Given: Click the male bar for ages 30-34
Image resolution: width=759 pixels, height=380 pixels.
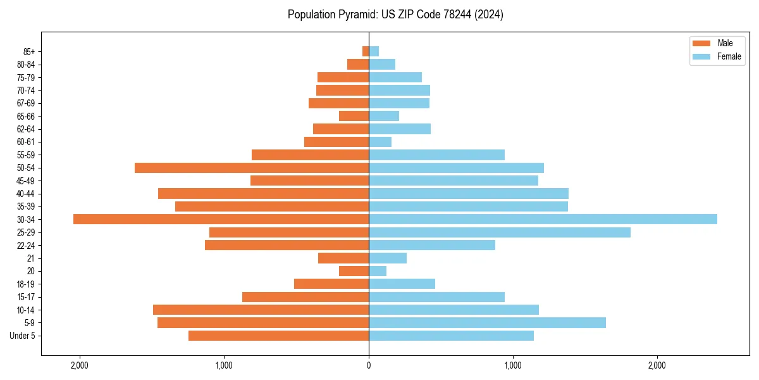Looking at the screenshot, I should tap(221, 219).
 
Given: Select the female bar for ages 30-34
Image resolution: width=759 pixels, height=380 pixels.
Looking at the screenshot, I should tap(543, 219).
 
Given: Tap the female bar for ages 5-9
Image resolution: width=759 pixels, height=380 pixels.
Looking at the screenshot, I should tap(487, 323).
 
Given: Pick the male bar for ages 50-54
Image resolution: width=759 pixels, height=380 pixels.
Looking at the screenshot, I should tap(252, 168).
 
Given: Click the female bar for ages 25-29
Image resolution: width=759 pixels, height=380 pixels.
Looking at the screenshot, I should tap(500, 232).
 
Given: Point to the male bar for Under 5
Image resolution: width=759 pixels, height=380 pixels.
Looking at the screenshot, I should tap(278, 336).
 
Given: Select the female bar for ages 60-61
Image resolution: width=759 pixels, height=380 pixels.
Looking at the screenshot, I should tap(380, 142).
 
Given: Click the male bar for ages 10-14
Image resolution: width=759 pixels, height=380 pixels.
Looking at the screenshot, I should tap(261, 310).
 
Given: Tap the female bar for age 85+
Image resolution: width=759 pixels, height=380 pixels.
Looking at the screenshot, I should tap(374, 51).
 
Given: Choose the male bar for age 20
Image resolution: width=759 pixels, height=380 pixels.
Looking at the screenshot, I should tap(354, 271).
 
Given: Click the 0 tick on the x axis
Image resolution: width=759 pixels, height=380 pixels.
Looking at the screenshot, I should tap(369, 365).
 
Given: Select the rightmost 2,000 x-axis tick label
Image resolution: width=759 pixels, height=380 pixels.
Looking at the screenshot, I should tap(657, 365).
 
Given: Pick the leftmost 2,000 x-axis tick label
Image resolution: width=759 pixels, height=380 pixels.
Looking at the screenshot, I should tap(80, 365).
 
